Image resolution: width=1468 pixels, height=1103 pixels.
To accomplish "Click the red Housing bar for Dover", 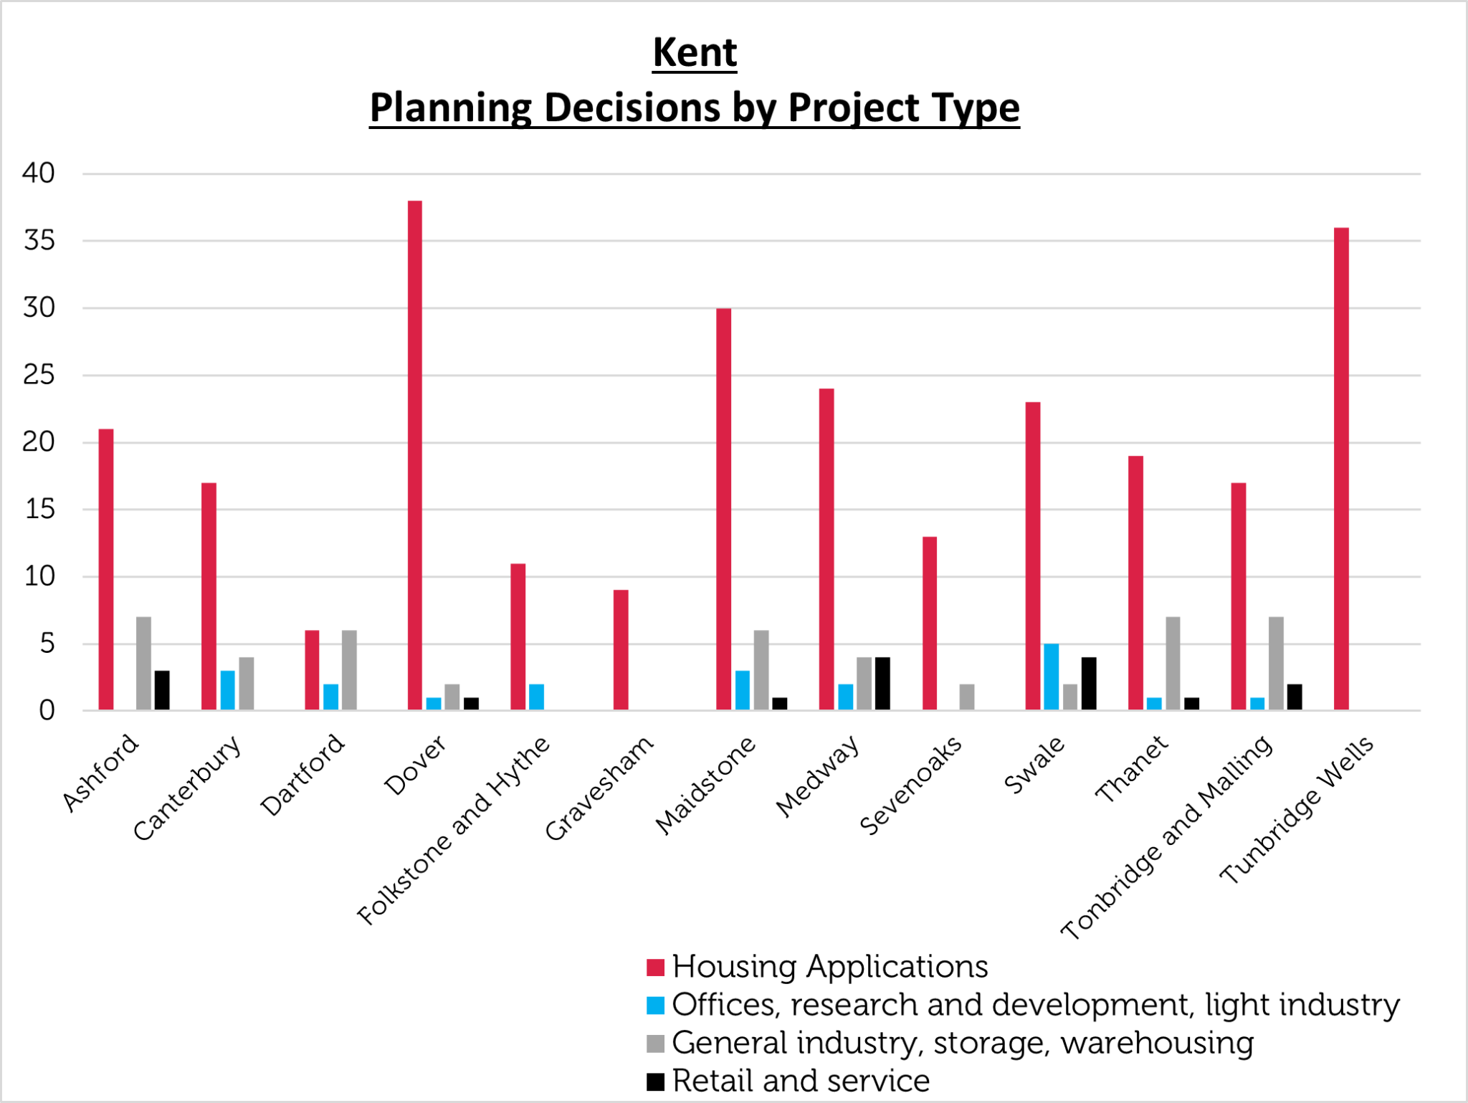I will click(x=414, y=455).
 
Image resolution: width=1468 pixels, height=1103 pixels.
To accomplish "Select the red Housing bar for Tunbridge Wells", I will click(x=1341, y=469).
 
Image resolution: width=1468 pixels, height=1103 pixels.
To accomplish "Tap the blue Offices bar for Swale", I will click(x=1051, y=677).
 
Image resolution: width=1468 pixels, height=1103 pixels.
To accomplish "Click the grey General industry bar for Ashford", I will click(x=143, y=663).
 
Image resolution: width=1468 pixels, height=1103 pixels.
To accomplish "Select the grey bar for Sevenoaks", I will click(x=967, y=697).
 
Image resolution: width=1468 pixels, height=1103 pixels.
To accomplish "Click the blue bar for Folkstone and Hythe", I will click(x=536, y=697).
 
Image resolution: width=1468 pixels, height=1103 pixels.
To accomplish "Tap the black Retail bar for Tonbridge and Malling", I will click(x=1295, y=697).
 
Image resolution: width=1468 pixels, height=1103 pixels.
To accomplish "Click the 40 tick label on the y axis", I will click(x=39, y=173).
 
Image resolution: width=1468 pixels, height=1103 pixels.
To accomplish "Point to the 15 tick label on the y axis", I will click(x=39, y=510).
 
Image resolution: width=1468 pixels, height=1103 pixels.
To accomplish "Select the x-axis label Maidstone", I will click(x=705, y=786).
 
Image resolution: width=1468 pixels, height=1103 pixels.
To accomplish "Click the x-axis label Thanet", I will click(x=1131, y=768).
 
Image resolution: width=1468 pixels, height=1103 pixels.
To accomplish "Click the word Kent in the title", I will click(x=695, y=53).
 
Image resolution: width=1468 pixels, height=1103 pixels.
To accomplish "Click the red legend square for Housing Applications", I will click(x=655, y=968).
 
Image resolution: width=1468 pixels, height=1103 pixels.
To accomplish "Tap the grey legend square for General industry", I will click(x=655, y=1044).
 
